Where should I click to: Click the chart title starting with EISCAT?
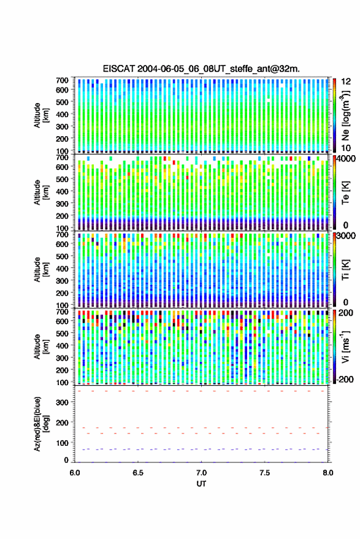pos(201,69)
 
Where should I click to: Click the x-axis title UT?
pos(201,484)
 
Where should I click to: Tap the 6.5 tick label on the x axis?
pos(138,473)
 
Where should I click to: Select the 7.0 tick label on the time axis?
pos(201,473)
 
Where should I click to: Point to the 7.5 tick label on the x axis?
pos(264,473)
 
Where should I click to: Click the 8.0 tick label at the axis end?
pos(327,473)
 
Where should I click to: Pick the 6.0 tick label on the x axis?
pos(75,473)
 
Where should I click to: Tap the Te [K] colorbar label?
pos(345,193)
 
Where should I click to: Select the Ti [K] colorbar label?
pos(345,270)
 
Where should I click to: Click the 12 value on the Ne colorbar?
pos(346,81)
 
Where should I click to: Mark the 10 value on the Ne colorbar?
pos(346,148)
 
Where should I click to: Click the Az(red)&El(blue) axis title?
pos(42,424)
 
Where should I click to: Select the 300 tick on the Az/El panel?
pos(62,402)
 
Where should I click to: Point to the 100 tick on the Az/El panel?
pos(62,443)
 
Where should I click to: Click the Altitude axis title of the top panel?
pos(42,115)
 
